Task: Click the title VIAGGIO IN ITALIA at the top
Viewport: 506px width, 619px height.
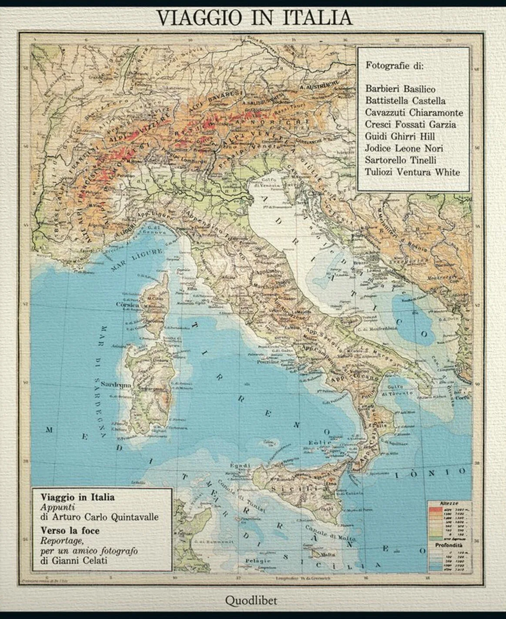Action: pos(254,18)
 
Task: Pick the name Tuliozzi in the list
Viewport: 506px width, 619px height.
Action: pos(379,172)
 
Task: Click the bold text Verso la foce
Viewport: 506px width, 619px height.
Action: pos(70,531)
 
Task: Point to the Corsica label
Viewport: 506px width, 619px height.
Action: pos(127,305)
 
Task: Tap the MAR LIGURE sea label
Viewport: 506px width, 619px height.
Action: pos(136,260)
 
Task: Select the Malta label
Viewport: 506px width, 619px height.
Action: pos(328,555)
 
